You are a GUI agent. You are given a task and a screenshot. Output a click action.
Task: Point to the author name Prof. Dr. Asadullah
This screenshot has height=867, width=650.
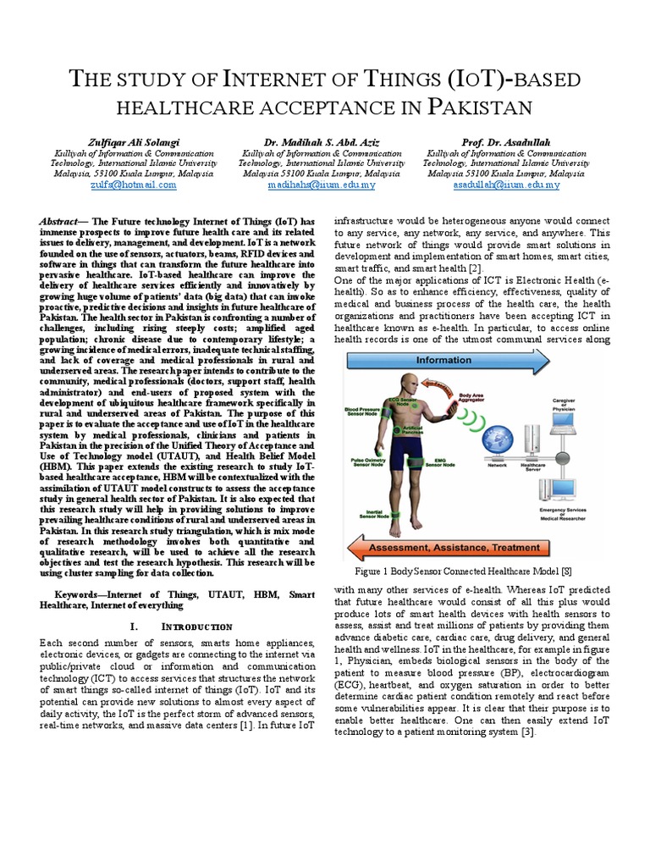coord(506,141)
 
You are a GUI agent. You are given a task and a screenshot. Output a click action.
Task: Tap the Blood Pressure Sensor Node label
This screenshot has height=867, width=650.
coord(364,411)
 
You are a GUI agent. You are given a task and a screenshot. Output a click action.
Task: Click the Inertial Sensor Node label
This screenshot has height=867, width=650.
coord(369,514)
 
